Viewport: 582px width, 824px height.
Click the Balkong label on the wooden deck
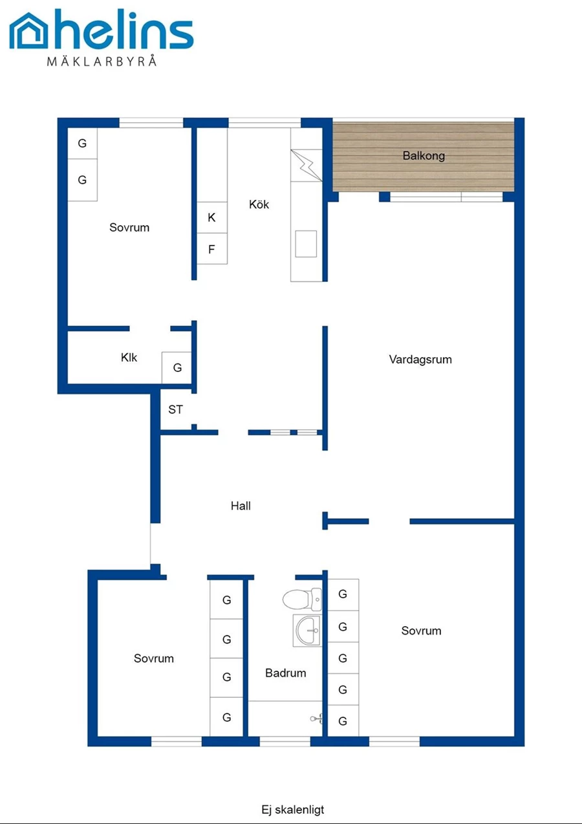(424, 156)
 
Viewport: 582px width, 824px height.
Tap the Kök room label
(259, 204)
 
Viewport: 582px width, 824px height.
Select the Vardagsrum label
(420, 360)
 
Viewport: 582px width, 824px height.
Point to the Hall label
(241, 506)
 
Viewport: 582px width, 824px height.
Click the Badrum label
(285, 673)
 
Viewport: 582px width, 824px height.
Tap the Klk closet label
(129, 357)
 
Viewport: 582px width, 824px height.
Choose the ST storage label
(175, 409)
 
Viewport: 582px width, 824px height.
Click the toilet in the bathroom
(302, 599)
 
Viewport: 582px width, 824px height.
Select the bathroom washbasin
(307, 630)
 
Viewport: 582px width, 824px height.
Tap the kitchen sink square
(306, 244)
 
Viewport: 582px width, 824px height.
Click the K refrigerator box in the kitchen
(212, 217)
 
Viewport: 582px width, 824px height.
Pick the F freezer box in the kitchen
(212, 248)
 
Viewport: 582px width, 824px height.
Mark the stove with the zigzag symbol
(307, 165)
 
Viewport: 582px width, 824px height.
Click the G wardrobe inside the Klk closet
(177, 367)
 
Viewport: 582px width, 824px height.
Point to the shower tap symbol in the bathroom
(317, 718)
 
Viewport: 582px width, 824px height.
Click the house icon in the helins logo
(28, 31)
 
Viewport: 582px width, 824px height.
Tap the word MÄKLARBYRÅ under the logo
(102, 61)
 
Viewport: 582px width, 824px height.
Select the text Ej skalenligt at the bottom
(293, 809)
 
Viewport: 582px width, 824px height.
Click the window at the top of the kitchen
(264, 123)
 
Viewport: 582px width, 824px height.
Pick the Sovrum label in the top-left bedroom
(129, 227)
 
